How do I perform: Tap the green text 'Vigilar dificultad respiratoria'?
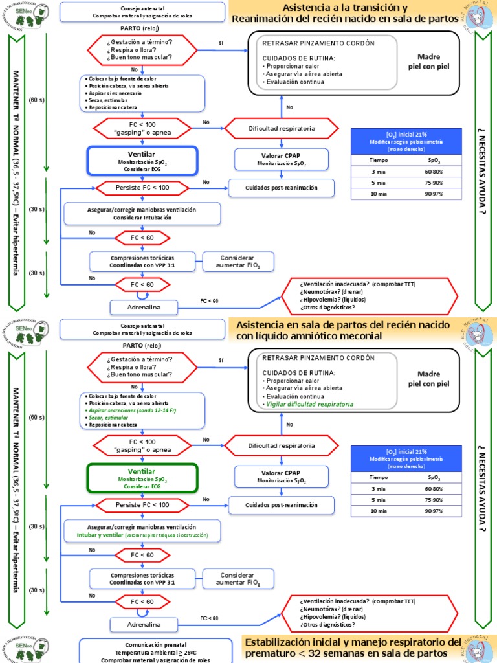[x=310, y=404]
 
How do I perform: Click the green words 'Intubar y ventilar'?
[x=106, y=535]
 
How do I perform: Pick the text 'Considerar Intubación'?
[x=142, y=218]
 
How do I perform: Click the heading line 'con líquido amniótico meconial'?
[x=310, y=336]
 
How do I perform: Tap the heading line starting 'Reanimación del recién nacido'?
[x=350, y=19]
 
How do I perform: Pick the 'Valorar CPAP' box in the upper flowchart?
[x=281, y=159]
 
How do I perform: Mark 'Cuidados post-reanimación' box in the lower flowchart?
[x=281, y=504]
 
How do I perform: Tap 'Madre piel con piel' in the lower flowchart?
[x=428, y=378]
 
